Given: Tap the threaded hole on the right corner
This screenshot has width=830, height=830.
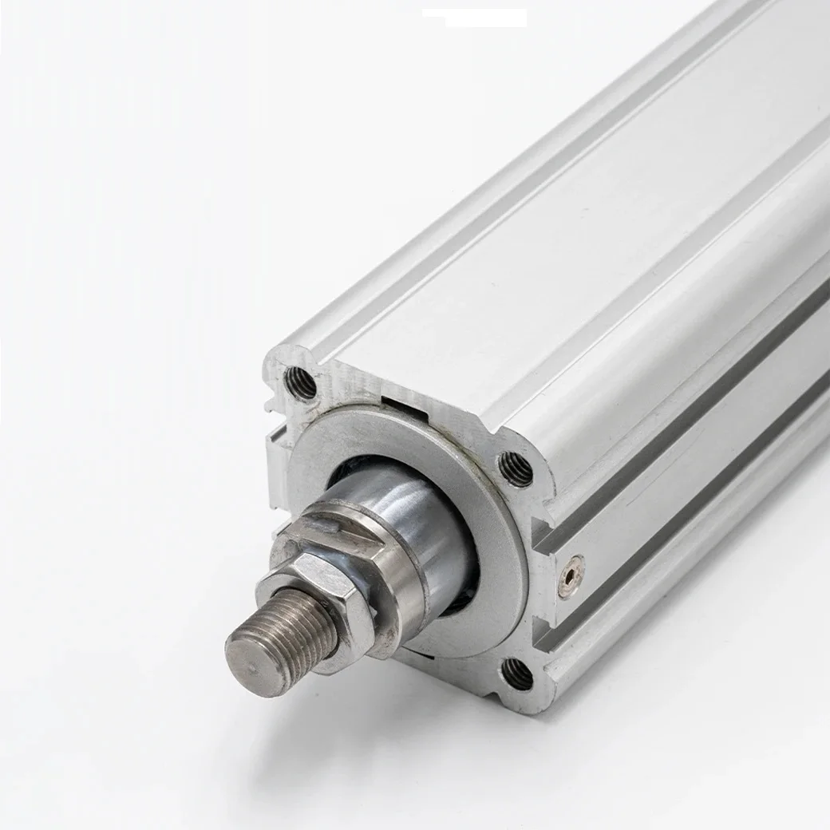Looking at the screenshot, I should (516, 468).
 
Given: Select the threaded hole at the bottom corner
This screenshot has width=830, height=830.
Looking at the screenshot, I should (517, 675).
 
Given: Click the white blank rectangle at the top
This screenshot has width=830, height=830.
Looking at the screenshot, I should (474, 18).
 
